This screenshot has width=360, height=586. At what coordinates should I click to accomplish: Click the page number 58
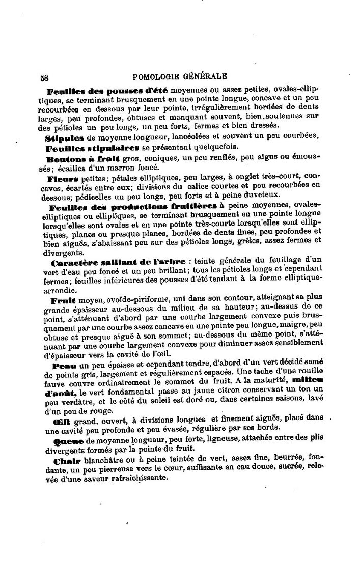click(44, 78)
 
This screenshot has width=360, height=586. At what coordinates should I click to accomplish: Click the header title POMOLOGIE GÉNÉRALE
click(180, 77)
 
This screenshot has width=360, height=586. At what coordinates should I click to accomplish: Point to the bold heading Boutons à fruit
click(81, 158)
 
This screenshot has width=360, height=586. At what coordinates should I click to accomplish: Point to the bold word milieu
click(308, 380)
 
